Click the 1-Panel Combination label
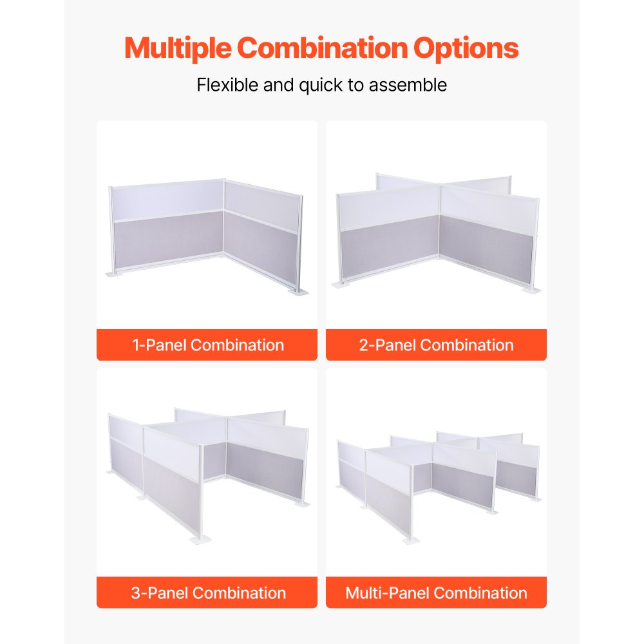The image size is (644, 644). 207,345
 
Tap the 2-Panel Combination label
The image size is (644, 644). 436,345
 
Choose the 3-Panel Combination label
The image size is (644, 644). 207,592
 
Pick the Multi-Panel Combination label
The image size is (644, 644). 436,592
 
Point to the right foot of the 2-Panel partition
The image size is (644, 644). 531,290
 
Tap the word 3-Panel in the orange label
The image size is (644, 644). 159,592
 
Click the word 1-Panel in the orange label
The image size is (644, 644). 159,345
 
